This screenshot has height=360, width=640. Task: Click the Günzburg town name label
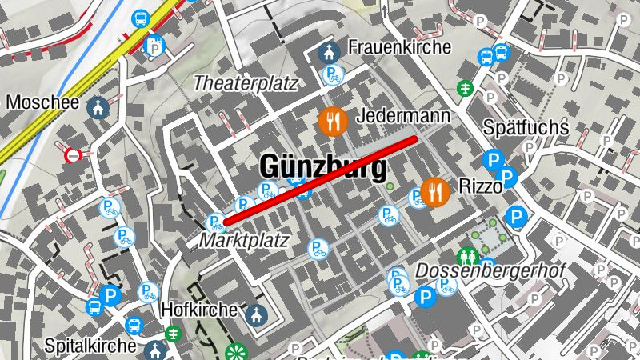pyautogui.click(x=322, y=168)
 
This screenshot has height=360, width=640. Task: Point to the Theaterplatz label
pyautogui.click(x=246, y=82)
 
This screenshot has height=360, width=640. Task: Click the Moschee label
pyautogui.click(x=42, y=103)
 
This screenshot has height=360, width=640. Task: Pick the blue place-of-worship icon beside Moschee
pyautogui.click(x=98, y=107)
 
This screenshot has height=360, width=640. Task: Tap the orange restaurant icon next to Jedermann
pyautogui.click(x=331, y=122)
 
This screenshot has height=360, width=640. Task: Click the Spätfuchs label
pyautogui.click(x=526, y=127)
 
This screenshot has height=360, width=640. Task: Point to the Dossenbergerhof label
pyautogui.click(x=490, y=270)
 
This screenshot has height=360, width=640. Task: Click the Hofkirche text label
pyautogui.click(x=199, y=309)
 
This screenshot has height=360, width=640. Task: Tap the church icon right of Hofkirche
pyautogui.click(x=255, y=314)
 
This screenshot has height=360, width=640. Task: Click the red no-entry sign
pyautogui.click(x=74, y=154)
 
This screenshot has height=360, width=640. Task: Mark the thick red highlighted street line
pyautogui.click(x=320, y=180)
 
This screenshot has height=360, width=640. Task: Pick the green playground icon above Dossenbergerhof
pyautogui.click(x=468, y=256)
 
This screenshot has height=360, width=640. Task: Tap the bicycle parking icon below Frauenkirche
pyautogui.click(x=332, y=76)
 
